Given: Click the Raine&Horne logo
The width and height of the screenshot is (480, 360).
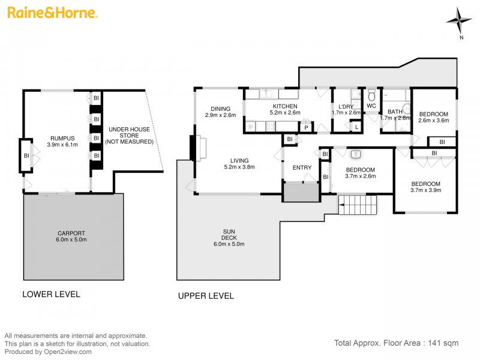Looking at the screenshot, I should pyautogui.click(x=52, y=13).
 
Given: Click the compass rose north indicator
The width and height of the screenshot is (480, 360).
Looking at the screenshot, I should pyautogui.click(x=459, y=21).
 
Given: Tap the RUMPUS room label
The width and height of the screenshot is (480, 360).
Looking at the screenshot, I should pyautogui.click(x=62, y=139).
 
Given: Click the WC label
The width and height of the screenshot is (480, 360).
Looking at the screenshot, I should pyautogui.click(x=371, y=106).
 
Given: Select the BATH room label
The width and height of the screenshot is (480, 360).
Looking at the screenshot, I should pyautogui.click(x=394, y=112).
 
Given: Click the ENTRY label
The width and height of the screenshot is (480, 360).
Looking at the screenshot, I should pyautogui.click(x=302, y=167).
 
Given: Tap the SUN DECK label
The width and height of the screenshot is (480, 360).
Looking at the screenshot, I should pyautogui.click(x=229, y=233).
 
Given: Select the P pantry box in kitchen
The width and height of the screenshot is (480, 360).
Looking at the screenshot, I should pyautogui.click(x=306, y=127).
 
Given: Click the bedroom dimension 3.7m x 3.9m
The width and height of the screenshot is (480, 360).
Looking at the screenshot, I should pyautogui.click(x=425, y=191).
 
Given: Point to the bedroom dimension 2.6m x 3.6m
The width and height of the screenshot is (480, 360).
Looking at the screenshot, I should pyautogui.click(x=433, y=121).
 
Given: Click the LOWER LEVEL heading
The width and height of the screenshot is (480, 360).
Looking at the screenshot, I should pyautogui.click(x=51, y=295).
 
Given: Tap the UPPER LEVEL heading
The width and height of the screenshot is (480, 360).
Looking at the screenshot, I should pyautogui.click(x=206, y=296).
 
